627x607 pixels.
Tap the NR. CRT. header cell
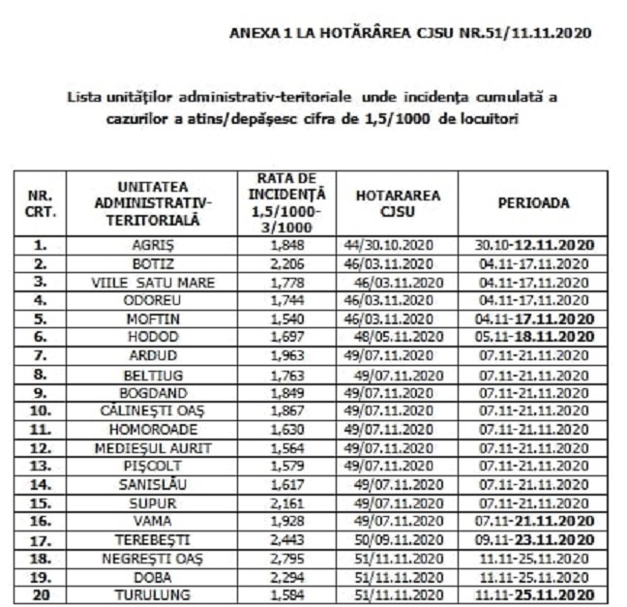pyautogui.click(x=40, y=203)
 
